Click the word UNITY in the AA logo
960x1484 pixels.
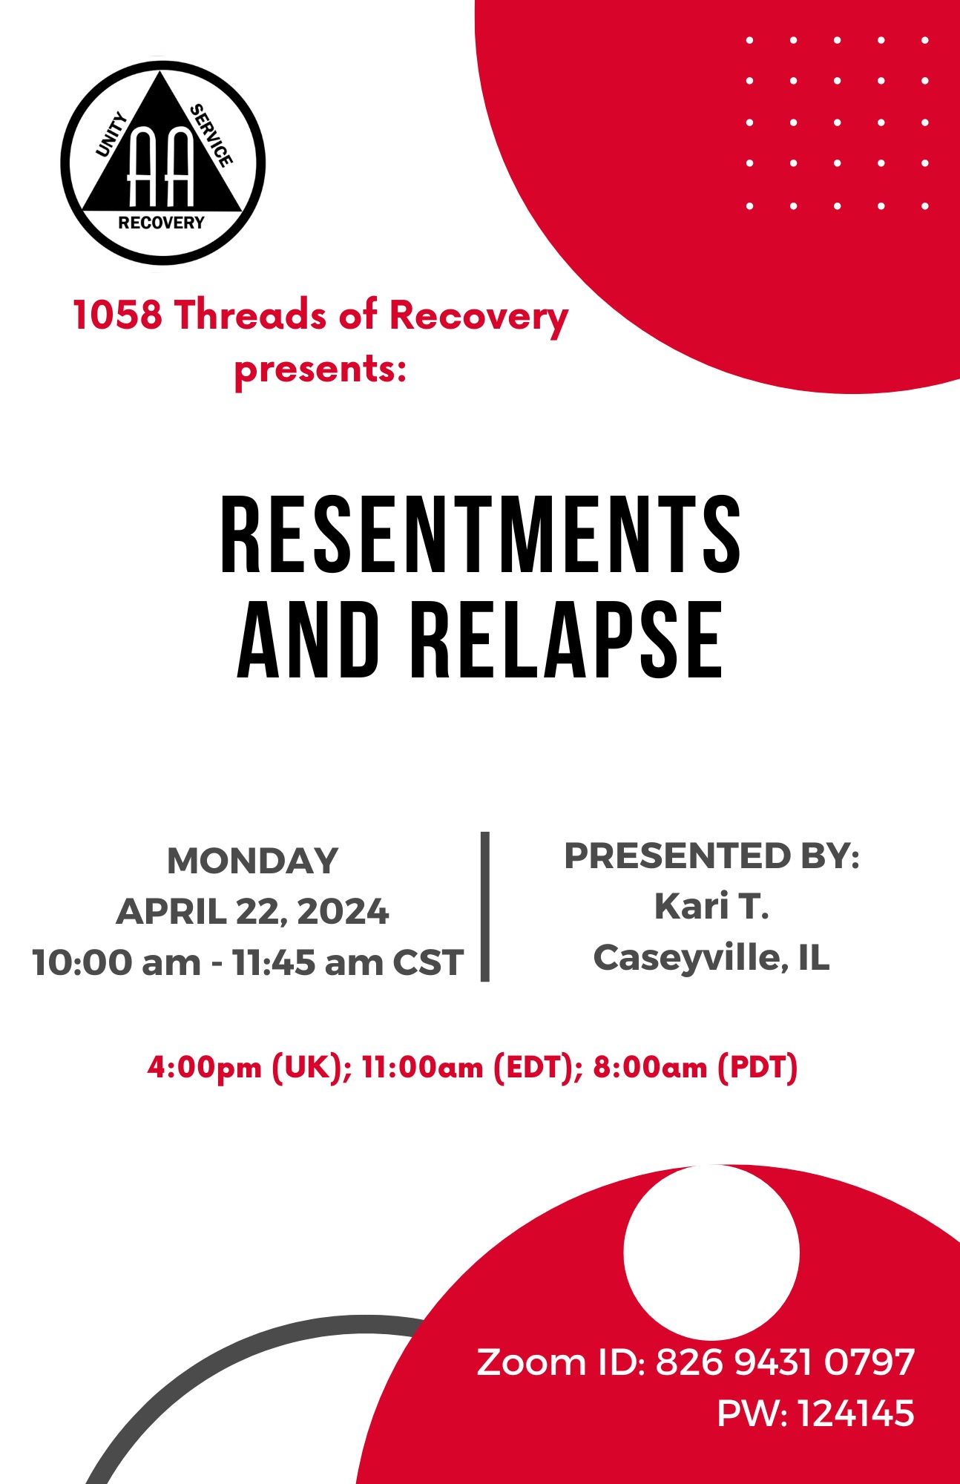112,134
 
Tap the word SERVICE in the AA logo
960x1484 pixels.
211,135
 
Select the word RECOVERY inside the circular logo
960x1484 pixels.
162,223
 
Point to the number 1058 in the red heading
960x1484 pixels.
117,315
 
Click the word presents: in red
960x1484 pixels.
320,369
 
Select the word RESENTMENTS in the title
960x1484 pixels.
481,534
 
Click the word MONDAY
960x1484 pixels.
252,861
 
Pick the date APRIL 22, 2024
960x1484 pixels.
252,911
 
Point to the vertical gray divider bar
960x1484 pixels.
485,907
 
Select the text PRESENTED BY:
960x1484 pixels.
712,856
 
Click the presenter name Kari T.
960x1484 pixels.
711,906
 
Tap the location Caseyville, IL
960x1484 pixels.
711,958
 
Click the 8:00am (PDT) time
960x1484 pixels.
695,1068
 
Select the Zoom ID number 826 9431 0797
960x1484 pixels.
785,1363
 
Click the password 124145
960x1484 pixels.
856,1414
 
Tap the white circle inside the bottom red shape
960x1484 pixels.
711,1252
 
